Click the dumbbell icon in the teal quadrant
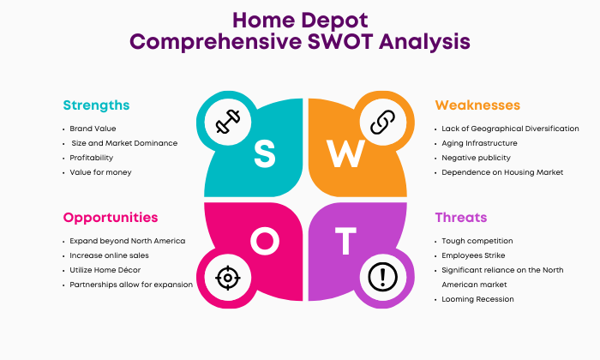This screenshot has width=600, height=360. point(228,122)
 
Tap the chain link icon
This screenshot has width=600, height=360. point(382,122)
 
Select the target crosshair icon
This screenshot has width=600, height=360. point(228,278)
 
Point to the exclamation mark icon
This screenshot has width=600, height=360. point(382,277)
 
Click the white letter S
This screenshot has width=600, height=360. point(264,153)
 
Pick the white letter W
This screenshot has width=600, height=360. point(345,153)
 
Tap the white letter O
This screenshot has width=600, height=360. point(265,241)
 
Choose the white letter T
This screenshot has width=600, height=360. point(345,241)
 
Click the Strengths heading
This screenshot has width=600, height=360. point(96,105)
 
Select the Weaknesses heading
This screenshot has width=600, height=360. point(477,105)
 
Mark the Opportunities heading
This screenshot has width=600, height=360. point(111,218)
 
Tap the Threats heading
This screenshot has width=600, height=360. point(461,218)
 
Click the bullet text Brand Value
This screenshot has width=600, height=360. point(93,129)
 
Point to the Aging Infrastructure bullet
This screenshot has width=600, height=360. point(479,143)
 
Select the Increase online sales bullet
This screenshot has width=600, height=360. point(109,255)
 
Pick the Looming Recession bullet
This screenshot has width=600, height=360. point(478,299)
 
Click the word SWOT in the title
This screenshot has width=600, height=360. point(340,41)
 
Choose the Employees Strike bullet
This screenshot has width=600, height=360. point(473,255)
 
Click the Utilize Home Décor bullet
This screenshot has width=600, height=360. point(105,270)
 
